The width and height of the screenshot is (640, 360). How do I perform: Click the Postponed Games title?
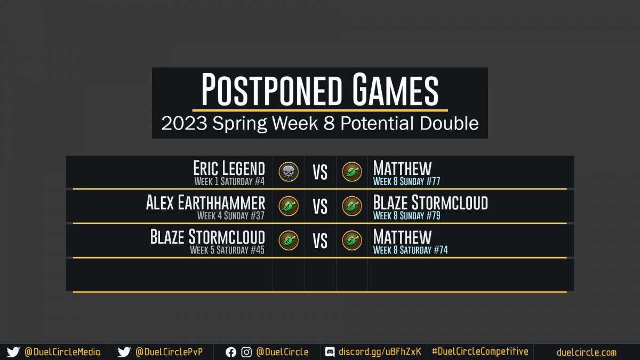pyautogui.click(x=319, y=89)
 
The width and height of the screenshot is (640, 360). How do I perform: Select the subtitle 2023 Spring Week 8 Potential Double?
pyautogui.click(x=319, y=123)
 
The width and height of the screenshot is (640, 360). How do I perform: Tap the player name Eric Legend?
pyautogui.click(x=229, y=168)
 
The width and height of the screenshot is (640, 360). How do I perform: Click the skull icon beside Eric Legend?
pyautogui.click(x=289, y=172)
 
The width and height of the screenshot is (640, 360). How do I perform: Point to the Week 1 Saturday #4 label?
pyautogui.click(x=229, y=181)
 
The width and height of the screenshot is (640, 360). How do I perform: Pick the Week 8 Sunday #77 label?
pyautogui.click(x=406, y=181)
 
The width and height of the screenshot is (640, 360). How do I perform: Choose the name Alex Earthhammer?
pyautogui.click(x=205, y=203)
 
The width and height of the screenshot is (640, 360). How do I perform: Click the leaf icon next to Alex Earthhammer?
pyautogui.click(x=289, y=206)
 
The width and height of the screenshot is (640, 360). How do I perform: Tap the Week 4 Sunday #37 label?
pyautogui.click(x=231, y=215)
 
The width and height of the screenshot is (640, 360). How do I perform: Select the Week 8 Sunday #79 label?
pyautogui.click(x=406, y=215)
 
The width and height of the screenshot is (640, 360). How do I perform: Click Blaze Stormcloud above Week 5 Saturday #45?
pyautogui.click(x=207, y=237)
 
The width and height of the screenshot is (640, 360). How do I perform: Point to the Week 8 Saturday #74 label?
pyautogui.click(x=410, y=250)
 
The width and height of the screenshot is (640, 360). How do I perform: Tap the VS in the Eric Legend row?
pyautogui.click(x=320, y=172)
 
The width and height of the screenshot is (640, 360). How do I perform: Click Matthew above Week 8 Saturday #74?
pyautogui.click(x=402, y=237)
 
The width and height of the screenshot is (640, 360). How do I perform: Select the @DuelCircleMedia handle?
pyautogui.click(x=62, y=352)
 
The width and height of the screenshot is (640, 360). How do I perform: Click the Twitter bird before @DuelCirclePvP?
pyautogui.click(x=124, y=352)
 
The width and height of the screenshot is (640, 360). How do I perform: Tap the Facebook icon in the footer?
pyautogui.click(x=231, y=353)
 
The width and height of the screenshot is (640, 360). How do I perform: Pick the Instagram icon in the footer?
pyautogui.click(x=246, y=353)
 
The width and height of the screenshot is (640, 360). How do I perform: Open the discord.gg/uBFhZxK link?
pyautogui.click(x=380, y=351)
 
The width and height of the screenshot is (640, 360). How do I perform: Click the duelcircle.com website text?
pyautogui.click(x=587, y=353)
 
